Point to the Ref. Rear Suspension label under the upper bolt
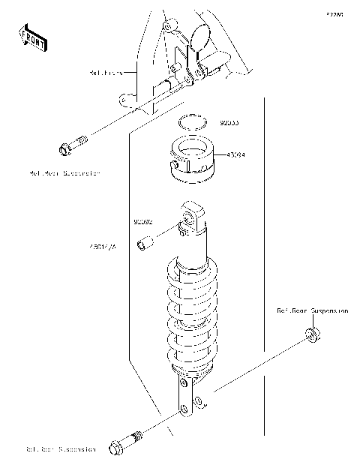[64, 172]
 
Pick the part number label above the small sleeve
[143, 222]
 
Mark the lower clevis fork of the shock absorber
[190, 401]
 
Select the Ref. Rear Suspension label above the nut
[311, 310]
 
